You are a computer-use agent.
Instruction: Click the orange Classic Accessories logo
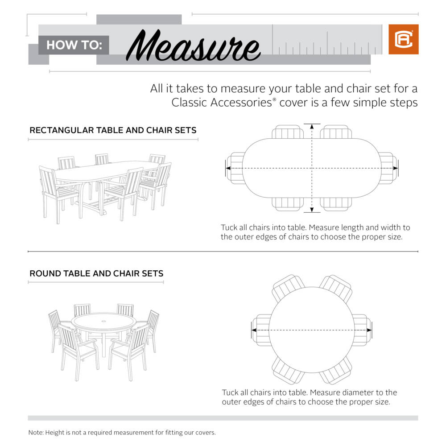(x=403, y=39)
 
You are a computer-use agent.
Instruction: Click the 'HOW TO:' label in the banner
(x=74, y=45)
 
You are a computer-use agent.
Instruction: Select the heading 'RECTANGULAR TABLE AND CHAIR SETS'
(x=113, y=130)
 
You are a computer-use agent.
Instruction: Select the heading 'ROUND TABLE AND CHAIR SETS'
(x=96, y=273)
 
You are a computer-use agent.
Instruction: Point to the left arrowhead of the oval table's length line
(x=227, y=168)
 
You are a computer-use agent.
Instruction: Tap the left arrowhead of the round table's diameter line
(x=254, y=330)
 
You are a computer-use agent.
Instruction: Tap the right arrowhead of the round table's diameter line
(x=369, y=330)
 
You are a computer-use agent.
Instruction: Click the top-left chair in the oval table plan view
(x=288, y=132)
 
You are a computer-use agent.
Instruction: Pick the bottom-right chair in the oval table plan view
(x=336, y=204)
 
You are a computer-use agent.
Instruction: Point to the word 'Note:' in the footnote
(x=37, y=432)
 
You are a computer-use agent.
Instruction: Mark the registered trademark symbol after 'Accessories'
(x=274, y=100)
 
